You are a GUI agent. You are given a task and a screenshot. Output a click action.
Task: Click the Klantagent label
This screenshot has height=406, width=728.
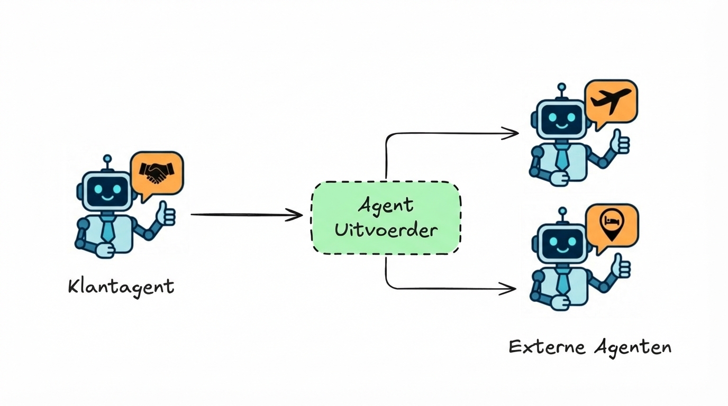click(121, 287)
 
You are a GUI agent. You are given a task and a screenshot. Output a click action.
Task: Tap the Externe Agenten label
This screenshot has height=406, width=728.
click(590, 347)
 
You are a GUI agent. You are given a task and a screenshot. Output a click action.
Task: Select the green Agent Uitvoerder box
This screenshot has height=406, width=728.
click(386, 218)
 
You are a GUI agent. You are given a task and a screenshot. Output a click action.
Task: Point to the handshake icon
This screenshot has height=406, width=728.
click(157, 173)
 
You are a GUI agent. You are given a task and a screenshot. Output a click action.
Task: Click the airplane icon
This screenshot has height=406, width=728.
click(612, 101)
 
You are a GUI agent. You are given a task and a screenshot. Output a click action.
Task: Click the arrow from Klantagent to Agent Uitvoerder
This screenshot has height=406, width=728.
click(246, 215)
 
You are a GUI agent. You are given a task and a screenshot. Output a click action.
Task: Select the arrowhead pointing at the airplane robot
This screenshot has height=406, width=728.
click(511, 133)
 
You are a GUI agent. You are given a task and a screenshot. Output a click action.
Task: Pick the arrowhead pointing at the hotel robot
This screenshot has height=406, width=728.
click(508, 288)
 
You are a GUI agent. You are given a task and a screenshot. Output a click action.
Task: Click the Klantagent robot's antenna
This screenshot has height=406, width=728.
click(107, 160)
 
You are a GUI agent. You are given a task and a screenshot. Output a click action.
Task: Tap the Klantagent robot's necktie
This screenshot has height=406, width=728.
click(108, 228)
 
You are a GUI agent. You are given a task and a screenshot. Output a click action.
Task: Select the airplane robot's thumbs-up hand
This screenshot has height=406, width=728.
click(621, 142)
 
